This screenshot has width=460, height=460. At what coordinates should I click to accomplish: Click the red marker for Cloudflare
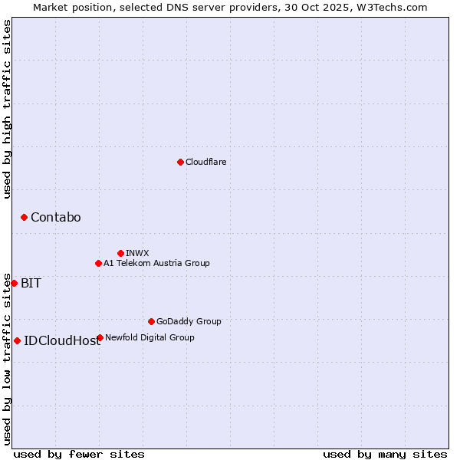pyautogui.click(x=180, y=162)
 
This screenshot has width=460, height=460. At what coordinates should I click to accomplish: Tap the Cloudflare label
pyautogui.click(x=205, y=162)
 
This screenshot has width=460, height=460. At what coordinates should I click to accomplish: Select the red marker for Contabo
pyautogui.click(x=24, y=218)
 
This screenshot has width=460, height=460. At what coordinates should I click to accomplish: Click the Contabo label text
pyautogui.click(x=55, y=218)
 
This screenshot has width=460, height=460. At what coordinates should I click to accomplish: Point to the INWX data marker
pyautogui.click(x=120, y=253)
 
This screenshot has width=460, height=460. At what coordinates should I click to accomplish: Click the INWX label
pyautogui.click(x=137, y=253)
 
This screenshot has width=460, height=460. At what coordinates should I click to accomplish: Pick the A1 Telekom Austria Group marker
pyautogui.click(x=98, y=263)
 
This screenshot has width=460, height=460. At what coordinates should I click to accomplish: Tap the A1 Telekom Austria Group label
pyautogui.click(x=156, y=263)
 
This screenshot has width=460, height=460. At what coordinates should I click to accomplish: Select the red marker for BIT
pyautogui.click(x=14, y=283)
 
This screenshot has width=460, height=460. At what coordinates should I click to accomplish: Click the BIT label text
pyautogui.click(x=31, y=283)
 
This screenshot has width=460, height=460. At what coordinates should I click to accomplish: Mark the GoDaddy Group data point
pyautogui.click(x=151, y=321)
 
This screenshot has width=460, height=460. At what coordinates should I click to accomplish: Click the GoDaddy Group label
pyautogui.click(x=189, y=321)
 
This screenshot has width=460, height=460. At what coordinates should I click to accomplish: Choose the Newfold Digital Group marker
pyautogui.click(x=100, y=337)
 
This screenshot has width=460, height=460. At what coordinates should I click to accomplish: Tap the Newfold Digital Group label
pyautogui.click(x=149, y=337)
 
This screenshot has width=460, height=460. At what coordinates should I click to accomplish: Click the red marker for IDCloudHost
pyautogui.click(x=17, y=340)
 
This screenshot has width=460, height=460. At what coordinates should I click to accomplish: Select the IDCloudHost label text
pyautogui.click(x=62, y=341)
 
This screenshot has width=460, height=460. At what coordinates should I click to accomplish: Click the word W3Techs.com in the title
pyautogui.click(x=390, y=7)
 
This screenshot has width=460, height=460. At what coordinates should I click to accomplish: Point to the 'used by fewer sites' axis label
pyautogui.click(x=79, y=454)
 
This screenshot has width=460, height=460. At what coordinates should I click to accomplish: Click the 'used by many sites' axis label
pyautogui.click(x=385, y=454)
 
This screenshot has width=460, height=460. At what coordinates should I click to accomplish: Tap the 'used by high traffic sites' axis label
pyautogui.click(x=7, y=109)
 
